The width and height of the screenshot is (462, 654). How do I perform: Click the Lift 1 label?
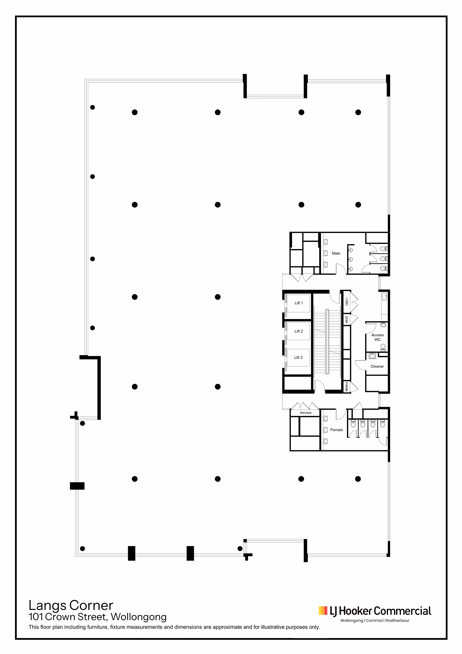(299, 303)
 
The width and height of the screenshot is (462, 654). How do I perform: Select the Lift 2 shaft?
(298, 331)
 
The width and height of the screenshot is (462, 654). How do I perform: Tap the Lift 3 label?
(298, 358)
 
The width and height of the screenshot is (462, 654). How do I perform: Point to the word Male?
(336, 253)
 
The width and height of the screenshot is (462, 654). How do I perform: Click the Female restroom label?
(336, 430)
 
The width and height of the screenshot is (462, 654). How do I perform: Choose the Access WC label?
(377, 337)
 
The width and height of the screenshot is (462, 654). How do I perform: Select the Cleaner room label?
(377, 366)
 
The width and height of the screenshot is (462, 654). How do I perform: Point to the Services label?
(305, 413)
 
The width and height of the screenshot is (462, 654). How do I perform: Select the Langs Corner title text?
(71, 606)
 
